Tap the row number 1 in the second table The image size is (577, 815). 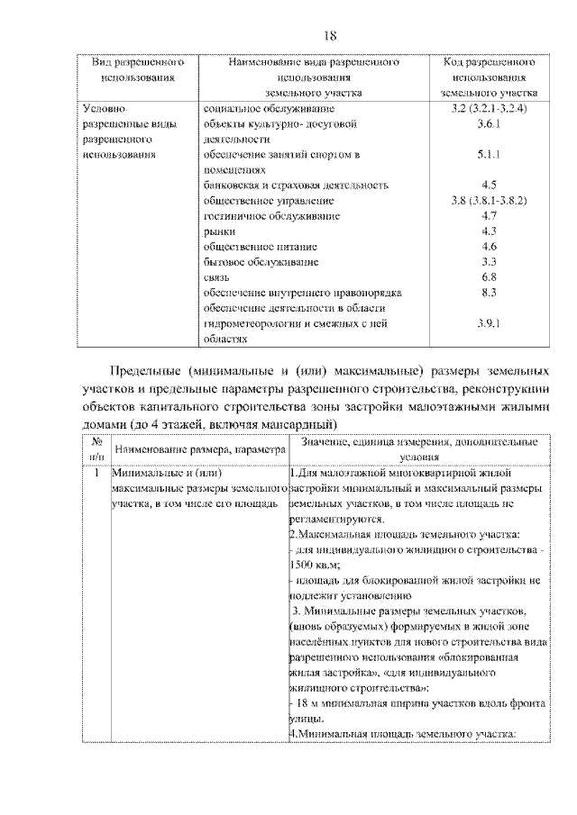point(95,471)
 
